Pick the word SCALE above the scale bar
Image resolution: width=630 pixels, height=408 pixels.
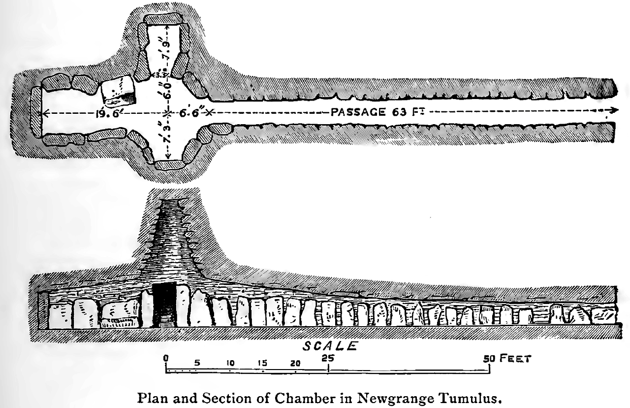click(x=330, y=346)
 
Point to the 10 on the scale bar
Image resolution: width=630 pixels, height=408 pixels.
click(x=230, y=363)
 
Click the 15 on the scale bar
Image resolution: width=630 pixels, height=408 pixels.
click(x=262, y=363)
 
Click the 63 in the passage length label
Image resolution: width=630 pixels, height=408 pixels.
click(x=397, y=112)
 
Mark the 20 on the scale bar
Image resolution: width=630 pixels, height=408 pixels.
click(x=295, y=363)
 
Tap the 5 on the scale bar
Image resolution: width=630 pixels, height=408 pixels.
click(x=197, y=363)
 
